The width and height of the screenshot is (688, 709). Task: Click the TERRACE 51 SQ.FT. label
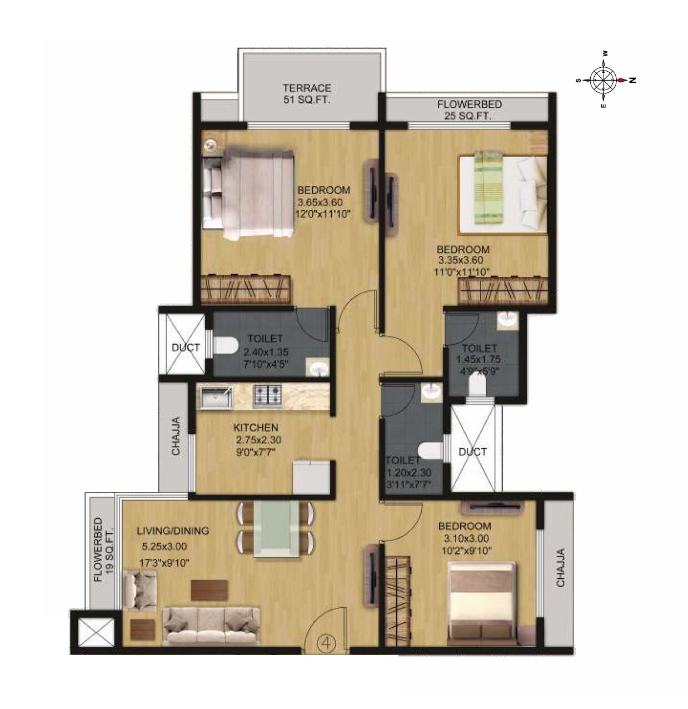coord(307,93)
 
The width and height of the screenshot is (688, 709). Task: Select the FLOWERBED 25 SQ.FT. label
coord(469,110)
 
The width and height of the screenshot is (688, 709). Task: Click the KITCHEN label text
coord(256,428)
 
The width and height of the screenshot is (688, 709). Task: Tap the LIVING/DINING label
coord(173,531)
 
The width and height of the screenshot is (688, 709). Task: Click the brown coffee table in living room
coord(209,590)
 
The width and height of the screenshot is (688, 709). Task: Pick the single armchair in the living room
coord(139,591)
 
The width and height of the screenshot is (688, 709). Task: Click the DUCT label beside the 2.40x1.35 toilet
coord(186,348)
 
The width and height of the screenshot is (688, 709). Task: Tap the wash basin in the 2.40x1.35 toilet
coord(318,367)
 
